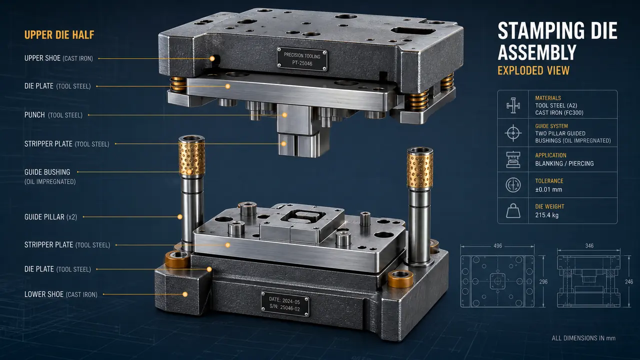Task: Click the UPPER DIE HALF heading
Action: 59,35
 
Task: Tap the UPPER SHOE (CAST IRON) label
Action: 58,58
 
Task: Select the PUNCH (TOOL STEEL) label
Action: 53,115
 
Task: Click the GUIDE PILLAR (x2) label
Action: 50,217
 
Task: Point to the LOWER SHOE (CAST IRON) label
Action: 61,294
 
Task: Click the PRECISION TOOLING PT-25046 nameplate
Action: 302,59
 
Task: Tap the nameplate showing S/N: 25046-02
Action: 285,304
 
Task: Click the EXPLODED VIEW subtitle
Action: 533,70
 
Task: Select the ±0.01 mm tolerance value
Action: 548,189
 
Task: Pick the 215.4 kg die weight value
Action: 546,215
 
